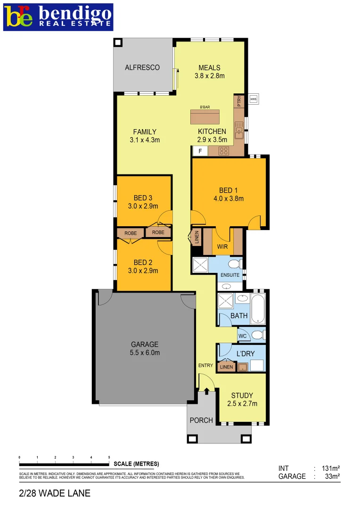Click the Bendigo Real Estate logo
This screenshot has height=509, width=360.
58,17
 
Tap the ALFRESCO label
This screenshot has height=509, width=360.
142,67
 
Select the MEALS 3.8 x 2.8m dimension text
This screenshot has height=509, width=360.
209,75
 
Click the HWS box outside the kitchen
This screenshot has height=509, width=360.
254,99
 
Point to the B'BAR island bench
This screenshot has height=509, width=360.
205,116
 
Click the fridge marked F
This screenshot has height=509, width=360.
200,151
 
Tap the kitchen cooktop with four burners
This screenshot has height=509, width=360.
224,151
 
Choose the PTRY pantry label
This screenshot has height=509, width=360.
239,101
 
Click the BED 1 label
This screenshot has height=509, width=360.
226,190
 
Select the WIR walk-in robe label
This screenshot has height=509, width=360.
222,246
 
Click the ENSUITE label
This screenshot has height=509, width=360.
230,275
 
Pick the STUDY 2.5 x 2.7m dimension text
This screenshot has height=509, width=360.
242,403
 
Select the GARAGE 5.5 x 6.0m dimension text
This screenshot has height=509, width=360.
145,353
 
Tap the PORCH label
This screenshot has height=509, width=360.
201,420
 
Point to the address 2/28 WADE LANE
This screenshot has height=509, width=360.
55,493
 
